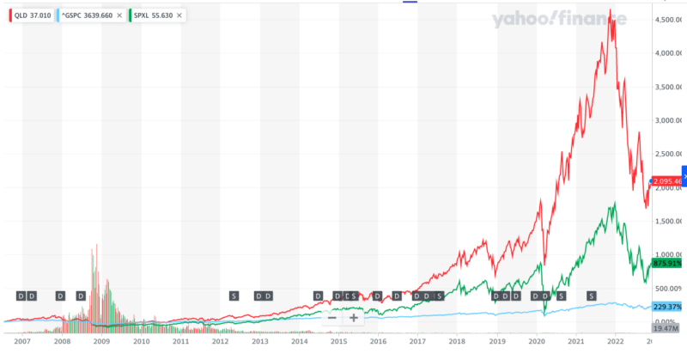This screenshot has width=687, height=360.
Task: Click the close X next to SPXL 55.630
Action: click(x=180, y=15)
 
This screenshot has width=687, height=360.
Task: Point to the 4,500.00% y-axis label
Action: click(x=666, y=19)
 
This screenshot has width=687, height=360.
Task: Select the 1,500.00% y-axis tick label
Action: click(x=666, y=221)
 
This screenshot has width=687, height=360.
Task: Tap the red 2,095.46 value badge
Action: click(x=666, y=181)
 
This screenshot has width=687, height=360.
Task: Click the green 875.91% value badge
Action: click(x=666, y=265)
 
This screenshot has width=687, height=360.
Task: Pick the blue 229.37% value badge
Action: click(x=666, y=307)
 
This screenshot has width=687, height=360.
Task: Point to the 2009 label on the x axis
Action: click(x=101, y=341)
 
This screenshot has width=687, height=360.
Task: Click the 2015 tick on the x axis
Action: click(x=338, y=341)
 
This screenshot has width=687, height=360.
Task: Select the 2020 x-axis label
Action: click(x=536, y=341)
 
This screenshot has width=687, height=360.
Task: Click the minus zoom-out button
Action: click(x=331, y=317)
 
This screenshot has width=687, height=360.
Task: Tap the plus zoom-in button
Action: click(x=353, y=317)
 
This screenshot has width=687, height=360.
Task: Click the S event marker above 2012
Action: click(x=234, y=296)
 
